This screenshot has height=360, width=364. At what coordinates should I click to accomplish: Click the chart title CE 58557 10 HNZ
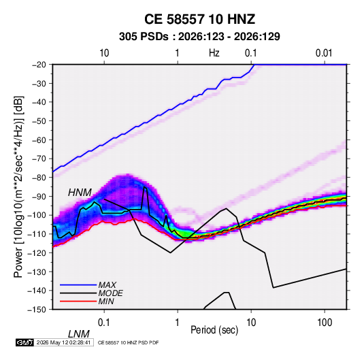[199, 19]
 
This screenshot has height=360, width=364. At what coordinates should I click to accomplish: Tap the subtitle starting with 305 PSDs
[199, 37]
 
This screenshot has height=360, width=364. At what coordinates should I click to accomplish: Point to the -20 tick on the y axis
[39, 65]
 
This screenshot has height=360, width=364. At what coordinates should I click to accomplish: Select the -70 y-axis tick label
[39, 159]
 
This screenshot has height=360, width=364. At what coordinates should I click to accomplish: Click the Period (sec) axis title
[214, 330]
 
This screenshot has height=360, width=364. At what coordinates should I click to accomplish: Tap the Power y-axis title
[18, 186]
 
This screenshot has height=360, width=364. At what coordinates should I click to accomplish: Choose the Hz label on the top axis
[214, 53]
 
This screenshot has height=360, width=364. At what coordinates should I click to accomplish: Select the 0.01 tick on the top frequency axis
[324, 53]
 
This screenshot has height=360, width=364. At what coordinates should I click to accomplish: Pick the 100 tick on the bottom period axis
[325, 323]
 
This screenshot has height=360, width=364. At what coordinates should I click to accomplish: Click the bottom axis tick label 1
[178, 323]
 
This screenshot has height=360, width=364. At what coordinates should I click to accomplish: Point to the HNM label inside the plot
[80, 193]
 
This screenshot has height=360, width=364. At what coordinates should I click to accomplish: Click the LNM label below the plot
[79, 334]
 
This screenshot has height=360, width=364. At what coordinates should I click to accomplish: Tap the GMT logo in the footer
[24, 342]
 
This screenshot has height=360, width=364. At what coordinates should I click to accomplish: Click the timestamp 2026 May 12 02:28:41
[63, 342]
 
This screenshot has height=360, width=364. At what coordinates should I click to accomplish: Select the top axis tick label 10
[104, 53]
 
